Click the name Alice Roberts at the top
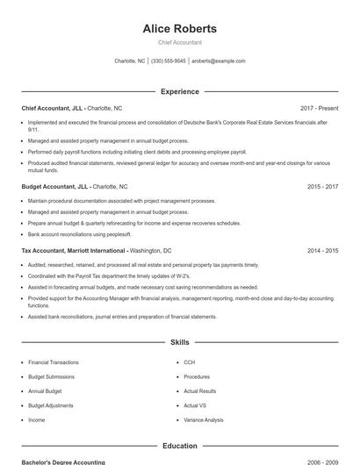click(x=179, y=29)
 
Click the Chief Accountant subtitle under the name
click(x=179, y=42)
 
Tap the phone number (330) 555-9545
click(x=169, y=61)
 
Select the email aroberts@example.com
click(x=219, y=61)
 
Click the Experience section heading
click(x=179, y=91)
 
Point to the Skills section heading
click(x=179, y=342)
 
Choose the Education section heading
click(x=179, y=446)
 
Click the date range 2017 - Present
click(x=319, y=108)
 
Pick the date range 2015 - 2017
click(x=323, y=187)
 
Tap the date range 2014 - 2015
click(x=323, y=251)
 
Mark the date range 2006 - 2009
click(x=323, y=461)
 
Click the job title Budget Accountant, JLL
click(x=54, y=187)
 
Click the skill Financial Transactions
click(x=53, y=362)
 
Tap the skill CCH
click(x=189, y=362)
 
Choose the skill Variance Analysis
click(x=204, y=420)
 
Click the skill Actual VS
click(x=195, y=405)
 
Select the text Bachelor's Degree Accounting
click(x=63, y=461)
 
